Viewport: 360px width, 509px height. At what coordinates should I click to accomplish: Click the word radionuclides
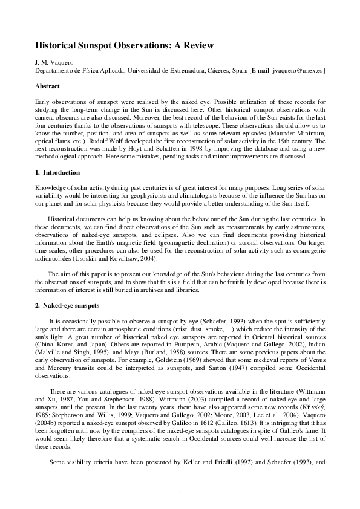(54, 259)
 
